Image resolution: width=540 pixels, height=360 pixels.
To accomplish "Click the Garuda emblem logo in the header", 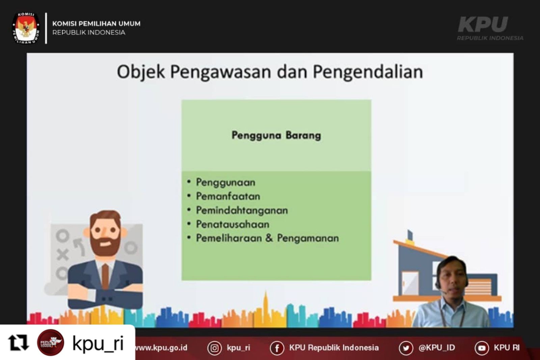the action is coord(26,28).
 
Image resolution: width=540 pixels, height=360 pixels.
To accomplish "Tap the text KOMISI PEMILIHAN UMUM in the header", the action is coord(97,24).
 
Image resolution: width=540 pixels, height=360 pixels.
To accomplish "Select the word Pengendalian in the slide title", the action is coord(368,72).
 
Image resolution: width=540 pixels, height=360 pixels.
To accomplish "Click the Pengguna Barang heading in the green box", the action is coord(276,135).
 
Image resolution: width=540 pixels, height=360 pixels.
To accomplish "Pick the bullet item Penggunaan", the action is coord(226,182).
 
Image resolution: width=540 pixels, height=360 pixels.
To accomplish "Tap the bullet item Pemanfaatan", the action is coord(228,197).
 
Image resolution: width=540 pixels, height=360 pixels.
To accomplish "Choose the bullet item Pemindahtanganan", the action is coord(242,210).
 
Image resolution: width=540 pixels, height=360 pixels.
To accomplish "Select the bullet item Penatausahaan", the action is coord(233,224).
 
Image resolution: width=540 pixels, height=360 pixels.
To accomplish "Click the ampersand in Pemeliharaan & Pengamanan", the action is coord(269,238).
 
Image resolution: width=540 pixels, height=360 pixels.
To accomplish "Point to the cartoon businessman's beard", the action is coord(105,245).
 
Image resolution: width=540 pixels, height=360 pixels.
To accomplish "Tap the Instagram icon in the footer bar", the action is coord(215,348).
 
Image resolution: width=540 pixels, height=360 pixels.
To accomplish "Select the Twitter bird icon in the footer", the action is coord(406,348).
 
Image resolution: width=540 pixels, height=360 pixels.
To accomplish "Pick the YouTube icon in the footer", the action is coord(482,348).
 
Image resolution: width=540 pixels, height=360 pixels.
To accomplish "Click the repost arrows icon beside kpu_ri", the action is coord(18,342).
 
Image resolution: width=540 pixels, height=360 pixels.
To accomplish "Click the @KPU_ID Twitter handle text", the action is coord(437,348).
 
